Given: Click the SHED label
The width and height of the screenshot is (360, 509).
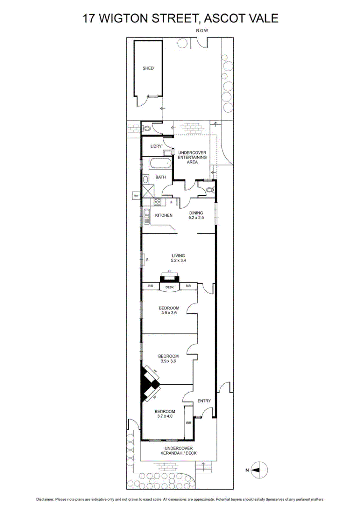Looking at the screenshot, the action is pyautogui.click(x=148, y=68).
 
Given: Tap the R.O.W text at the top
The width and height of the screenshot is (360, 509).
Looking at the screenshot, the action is pyautogui.click(x=202, y=31).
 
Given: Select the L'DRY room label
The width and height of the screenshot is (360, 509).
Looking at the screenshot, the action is pyautogui.click(x=156, y=146).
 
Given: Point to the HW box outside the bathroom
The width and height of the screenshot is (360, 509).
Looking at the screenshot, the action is pyautogui.click(x=136, y=195).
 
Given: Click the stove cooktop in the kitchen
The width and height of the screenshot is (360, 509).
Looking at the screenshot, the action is pyautogui.click(x=157, y=202).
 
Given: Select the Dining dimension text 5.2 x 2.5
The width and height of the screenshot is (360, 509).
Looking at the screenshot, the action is pyautogui.click(x=196, y=218).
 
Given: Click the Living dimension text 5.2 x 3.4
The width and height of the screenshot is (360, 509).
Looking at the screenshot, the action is pyautogui.click(x=178, y=261).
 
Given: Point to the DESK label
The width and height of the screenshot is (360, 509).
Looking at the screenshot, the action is pyautogui.click(x=169, y=287).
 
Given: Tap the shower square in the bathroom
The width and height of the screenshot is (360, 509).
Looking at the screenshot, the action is pyautogui.click(x=148, y=191).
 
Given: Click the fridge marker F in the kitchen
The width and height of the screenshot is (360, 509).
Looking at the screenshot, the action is pyautogui.click(x=171, y=202).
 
